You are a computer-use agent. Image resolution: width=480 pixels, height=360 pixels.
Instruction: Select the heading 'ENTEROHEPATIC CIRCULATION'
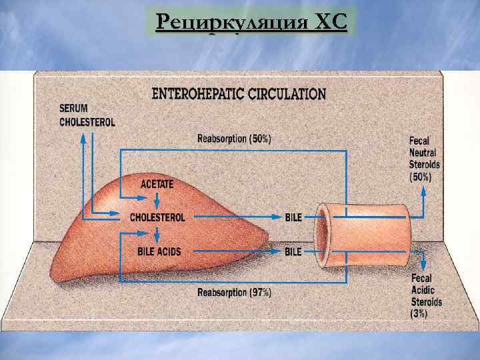[x=239, y=94]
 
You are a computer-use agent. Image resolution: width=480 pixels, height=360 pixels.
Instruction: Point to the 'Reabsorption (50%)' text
[x=235, y=139]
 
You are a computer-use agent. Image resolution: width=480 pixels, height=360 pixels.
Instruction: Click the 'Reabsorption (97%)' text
[x=235, y=292]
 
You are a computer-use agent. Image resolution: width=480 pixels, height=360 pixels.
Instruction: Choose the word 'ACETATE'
[x=156, y=182]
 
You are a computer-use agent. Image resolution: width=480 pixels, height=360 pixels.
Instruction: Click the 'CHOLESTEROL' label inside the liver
[x=157, y=217]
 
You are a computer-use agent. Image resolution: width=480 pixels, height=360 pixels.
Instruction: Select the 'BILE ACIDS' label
[x=159, y=252]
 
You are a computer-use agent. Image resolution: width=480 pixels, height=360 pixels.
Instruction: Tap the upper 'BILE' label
[x=293, y=217]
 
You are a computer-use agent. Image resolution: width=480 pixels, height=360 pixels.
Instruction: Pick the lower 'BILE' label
[x=293, y=252]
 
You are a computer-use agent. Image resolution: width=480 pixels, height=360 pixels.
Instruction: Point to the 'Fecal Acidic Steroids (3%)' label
[x=426, y=295]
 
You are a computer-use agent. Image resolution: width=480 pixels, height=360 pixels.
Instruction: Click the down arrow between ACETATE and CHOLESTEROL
[x=156, y=199]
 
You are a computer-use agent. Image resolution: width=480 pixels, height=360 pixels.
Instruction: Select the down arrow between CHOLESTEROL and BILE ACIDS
[x=156, y=235]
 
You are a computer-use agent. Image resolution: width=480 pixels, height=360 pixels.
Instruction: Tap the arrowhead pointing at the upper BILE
[x=279, y=217]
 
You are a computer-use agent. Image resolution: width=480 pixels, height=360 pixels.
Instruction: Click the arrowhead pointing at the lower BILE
[x=279, y=252]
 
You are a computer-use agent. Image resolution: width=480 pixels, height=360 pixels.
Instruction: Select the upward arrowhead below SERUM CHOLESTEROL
[x=83, y=136]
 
